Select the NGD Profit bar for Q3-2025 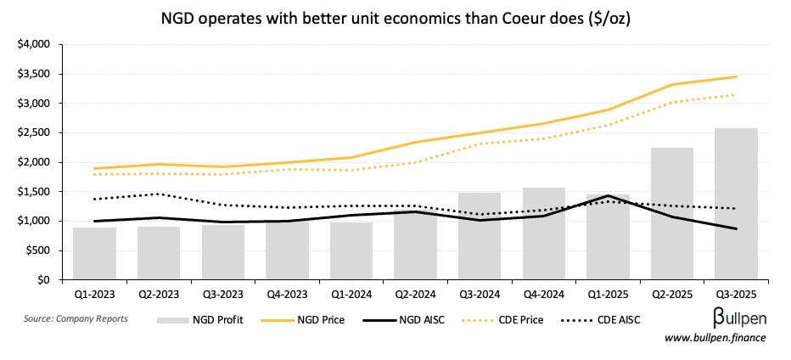(x=736, y=204)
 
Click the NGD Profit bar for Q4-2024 (x=543, y=233)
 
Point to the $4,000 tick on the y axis (x=34, y=44)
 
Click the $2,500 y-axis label (x=34, y=132)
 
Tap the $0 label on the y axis (x=43, y=279)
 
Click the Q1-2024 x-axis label (x=351, y=295)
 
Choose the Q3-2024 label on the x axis (x=479, y=295)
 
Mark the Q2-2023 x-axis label (x=159, y=295)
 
